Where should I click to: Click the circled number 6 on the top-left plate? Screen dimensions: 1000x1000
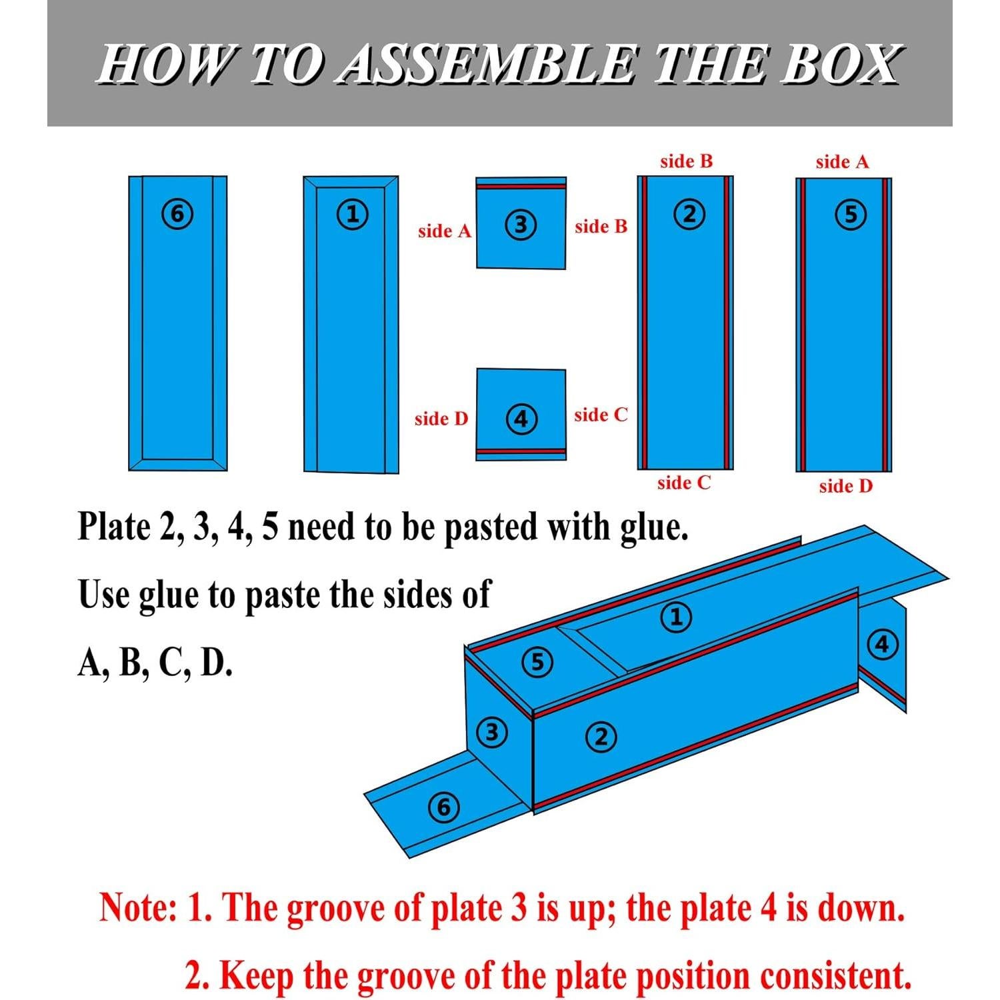point(177,214)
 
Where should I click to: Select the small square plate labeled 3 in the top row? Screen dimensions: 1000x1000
point(521,224)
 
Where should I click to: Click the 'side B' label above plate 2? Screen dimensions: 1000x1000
point(686,161)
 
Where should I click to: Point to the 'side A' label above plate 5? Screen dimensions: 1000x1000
point(842,162)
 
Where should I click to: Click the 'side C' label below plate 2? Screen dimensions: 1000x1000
point(684,483)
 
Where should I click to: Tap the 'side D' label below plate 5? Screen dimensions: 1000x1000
point(845,486)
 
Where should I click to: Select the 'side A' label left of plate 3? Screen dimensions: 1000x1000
point(444,231)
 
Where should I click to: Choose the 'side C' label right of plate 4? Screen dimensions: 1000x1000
point(601,415)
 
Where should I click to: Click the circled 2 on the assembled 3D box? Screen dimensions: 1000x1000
point(601,737)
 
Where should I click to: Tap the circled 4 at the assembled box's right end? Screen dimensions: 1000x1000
point(883,645)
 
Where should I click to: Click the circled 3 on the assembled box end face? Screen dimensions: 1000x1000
point(491,733)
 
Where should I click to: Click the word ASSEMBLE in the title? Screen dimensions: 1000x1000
point(485,66)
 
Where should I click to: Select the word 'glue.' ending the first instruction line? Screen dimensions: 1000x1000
point(653,527)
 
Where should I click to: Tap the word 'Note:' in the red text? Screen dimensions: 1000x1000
point(138,909)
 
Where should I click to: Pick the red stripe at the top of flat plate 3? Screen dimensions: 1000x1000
point(521,187)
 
